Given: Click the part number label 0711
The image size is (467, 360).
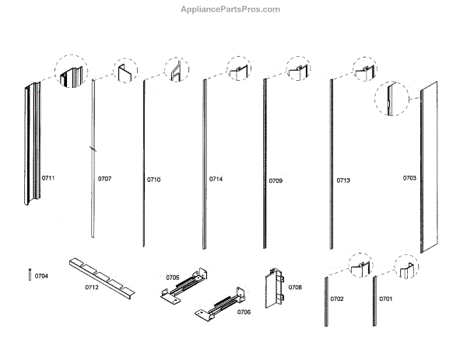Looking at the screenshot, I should tap(48, 179).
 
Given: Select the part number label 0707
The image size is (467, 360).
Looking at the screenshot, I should tap(104, 180).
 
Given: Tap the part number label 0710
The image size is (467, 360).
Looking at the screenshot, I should tap(153, 180).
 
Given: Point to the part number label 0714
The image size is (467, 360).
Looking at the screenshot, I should tap(216, 180).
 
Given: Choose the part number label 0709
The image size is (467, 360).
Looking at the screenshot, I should tap(276, 180).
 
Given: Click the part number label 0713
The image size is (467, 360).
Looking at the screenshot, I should tap(343, 180).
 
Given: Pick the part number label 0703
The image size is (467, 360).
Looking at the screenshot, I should tap(409, 178).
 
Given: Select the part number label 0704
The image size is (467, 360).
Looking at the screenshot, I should tap(41, 276).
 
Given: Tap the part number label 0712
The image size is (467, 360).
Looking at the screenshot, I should tap(92, 288).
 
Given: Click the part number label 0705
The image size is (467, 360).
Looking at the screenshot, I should tap(173, 276).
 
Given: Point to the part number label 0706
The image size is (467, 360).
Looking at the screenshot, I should tap(244, 312).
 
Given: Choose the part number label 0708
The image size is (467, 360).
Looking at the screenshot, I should tap(295, 288).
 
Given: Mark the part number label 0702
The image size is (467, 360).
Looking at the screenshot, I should tap(337, 299).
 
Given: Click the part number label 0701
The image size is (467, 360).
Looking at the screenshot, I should tap(386, 299).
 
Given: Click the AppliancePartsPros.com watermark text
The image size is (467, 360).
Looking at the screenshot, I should tap(233, 9).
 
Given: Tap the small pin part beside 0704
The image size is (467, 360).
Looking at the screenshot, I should tap(30, 275).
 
